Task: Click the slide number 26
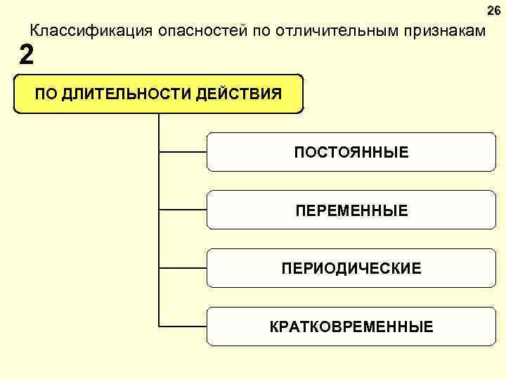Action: [x=494, y=10]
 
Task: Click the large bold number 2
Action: [x=26, y=54]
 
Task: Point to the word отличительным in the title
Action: [x=328, y=32]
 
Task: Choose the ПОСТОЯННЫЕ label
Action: [x=351, y=152]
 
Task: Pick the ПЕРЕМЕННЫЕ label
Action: [x=351, y=210]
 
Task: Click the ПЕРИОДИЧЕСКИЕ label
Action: [x=351, y=268]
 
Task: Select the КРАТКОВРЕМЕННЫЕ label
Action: [x=351, y=327]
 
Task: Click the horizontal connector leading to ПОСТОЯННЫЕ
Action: [x=183, y=151]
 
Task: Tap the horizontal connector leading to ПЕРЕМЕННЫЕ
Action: [x=183, y=209]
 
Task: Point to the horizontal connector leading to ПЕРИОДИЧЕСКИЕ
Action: [x=183, y=268]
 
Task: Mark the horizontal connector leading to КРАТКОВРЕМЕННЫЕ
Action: [x=183, y=327]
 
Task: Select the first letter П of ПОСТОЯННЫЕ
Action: [x=299, y=152]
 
